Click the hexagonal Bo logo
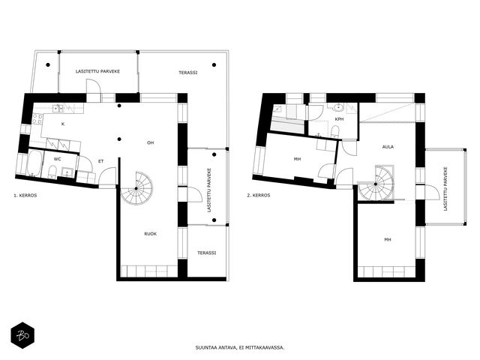pyautogui.click(x=22, y=335)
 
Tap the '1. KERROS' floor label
pyautogui.click(x=25, y=195)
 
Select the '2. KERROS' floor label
pyautogui.click(x=259, y=195)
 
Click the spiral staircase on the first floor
pyautogui.click(x=136, y=188)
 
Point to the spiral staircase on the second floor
pyautogui.click(x=376, y=184)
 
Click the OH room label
pyautogui.click(x=150, y=142)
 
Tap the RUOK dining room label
pyautogui.click(x=150, y=234)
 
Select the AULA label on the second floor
pyautogui.click(x=388, y=147)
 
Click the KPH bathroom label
pyautogui.click(x=339, y=119)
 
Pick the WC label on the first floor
pyautogui.click(x=57, y=159)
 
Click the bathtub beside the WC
pyautogui.click(x=34, y=163)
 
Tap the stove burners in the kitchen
pyautogui.click(x=37, y=118)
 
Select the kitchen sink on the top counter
pyautogui.click(x=58, y=108)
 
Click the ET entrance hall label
pyautogui.click(x=100, y=161)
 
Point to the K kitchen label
pyautogui.click(x=63, y=124)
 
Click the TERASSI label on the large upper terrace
pyautogui.click(x=188, y=73)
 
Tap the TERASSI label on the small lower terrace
pyautogui.click(x=207, y=253)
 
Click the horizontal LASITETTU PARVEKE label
pyautogui.click(x=97, y=71)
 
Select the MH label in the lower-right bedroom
pyautogui.click(x=388, y=240)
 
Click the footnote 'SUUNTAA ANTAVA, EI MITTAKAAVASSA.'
pyautogui.click(x=240, y=348)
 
